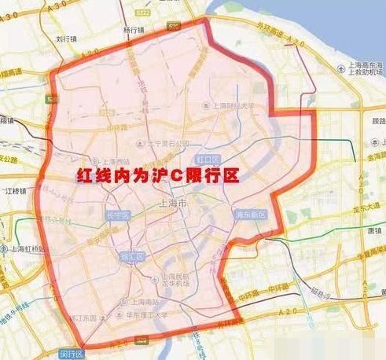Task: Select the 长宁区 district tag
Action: tap(116, 215)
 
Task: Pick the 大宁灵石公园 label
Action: tap(167, 143)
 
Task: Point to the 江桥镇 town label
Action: tap(15, 190)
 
